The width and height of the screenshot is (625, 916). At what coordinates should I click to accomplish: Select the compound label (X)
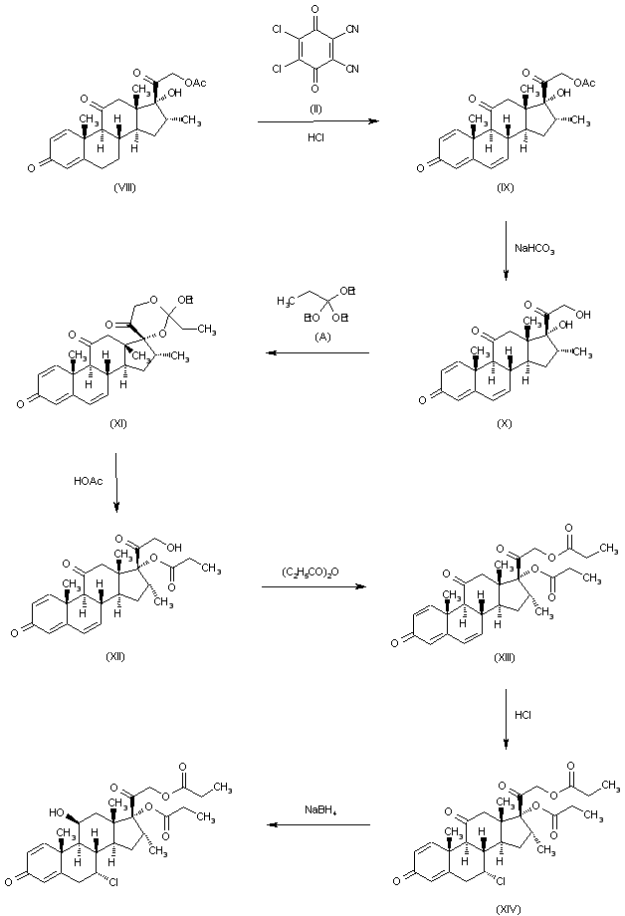point(507,422)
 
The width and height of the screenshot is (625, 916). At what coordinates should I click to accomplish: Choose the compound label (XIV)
point(507,907)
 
